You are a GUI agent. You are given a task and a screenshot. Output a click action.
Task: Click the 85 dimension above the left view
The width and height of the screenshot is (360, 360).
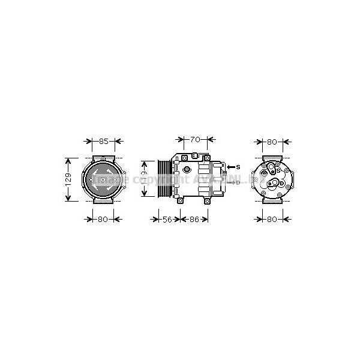[103, 142]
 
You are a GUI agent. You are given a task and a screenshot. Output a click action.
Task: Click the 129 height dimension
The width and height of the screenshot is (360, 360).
[69, 179]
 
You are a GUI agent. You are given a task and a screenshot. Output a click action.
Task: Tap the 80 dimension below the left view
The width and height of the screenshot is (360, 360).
[102, 220]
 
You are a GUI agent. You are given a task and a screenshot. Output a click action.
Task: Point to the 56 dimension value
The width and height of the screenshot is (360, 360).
[167, 220]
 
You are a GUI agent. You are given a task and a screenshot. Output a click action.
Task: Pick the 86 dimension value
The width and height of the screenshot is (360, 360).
[193, 220]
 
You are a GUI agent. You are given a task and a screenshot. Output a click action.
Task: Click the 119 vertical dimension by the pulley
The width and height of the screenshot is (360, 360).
[145, 178]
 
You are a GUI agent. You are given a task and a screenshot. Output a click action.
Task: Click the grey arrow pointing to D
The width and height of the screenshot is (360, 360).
[230, 182]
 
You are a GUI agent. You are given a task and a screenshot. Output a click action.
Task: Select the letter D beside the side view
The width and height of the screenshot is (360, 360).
[238, 182]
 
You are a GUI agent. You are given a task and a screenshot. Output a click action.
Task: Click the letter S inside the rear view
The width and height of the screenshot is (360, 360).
[279, 171]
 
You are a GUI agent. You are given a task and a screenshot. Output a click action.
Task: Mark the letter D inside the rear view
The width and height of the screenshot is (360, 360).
[281, 184]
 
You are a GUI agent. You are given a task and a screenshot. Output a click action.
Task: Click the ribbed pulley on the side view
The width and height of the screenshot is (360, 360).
[163, 179]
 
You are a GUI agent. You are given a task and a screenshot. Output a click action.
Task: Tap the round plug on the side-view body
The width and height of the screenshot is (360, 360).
[187, 178]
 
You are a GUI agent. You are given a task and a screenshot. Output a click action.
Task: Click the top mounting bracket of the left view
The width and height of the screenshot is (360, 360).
[103, 157]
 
